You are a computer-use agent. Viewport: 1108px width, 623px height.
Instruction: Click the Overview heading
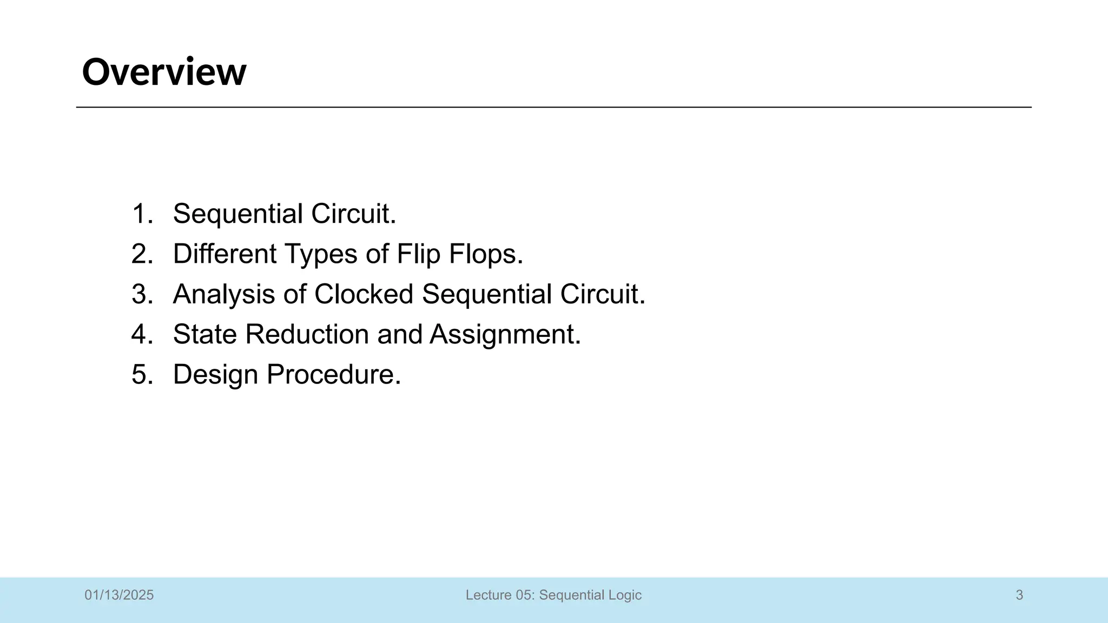(x=164, y=72)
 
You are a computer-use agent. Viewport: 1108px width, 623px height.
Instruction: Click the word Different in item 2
(x=225, y=254)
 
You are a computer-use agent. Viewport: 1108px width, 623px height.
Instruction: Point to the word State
(x=205, y=334)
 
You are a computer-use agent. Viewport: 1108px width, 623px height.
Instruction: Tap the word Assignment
(x=505, y=334)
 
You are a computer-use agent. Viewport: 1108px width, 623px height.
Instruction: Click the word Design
(x=215, y=374)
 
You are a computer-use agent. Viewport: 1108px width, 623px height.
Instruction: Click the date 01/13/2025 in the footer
(x=119, y=595)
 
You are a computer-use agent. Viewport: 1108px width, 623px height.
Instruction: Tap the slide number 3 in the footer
(x=1019, y=595)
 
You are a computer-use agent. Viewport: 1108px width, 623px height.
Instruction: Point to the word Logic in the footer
(x=625, y=595)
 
